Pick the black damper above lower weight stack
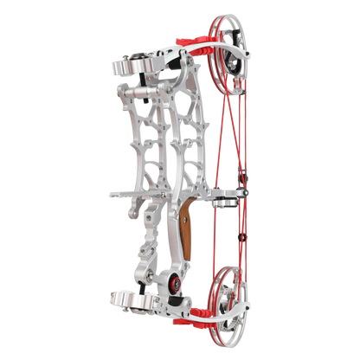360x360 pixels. pyautogui.click(x=138, y=277)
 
